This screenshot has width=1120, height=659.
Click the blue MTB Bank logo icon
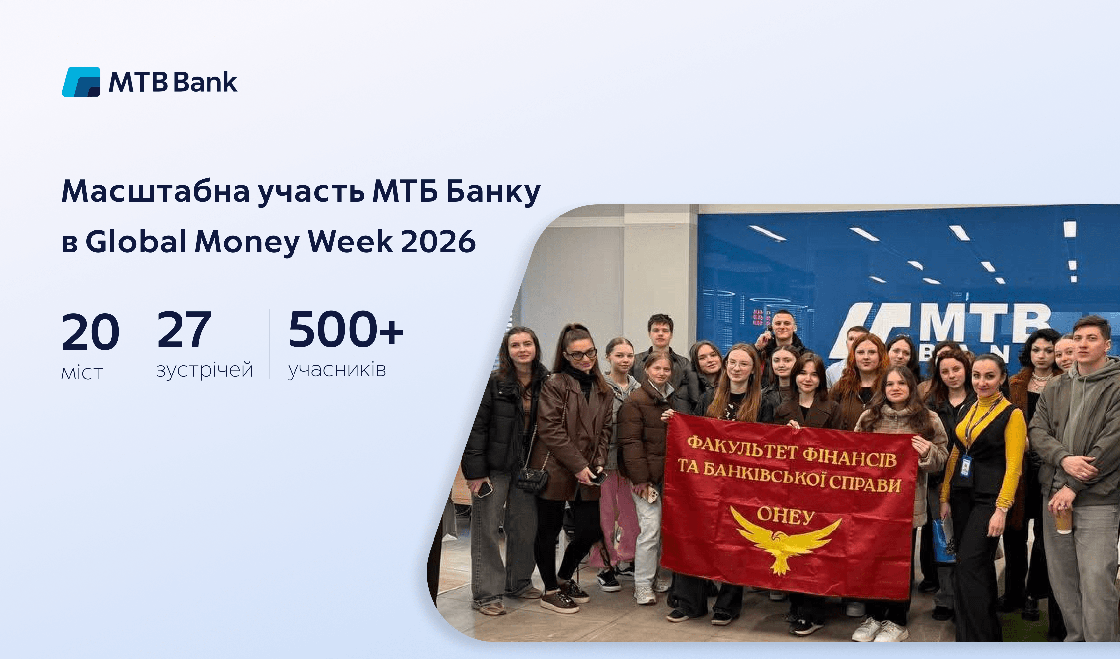81,82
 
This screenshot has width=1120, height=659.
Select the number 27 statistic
184,329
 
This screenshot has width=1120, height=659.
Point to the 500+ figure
346,329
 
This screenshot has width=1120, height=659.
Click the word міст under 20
82,373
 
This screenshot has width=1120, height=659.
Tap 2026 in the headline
438,242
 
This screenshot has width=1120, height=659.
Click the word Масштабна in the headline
155,191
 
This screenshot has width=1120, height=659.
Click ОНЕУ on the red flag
785,515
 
